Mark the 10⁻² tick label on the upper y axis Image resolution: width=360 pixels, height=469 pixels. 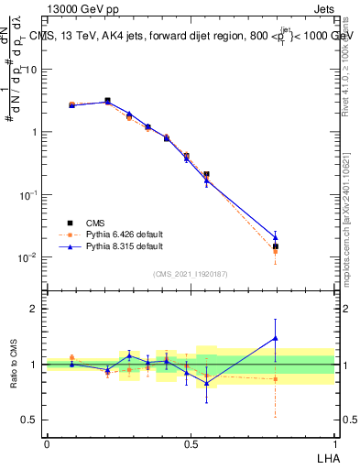(27, 257)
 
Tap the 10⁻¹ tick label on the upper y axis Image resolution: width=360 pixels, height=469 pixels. (27, 195)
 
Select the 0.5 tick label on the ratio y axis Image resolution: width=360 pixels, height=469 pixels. (31, 420)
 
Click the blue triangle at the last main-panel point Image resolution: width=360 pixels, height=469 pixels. (276, 237)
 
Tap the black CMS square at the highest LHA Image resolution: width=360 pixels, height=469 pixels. (276, 246)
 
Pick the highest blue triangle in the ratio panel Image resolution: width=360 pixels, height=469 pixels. (276, 338)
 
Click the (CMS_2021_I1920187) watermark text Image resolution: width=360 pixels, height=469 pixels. (191, 274)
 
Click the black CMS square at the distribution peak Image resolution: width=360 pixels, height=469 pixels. (108, 101)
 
